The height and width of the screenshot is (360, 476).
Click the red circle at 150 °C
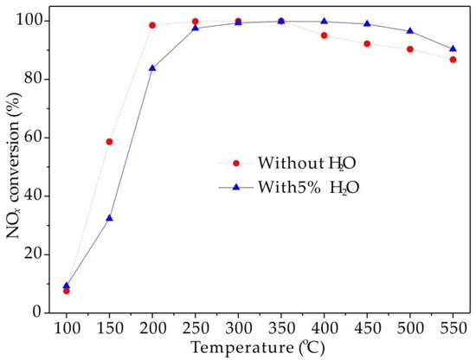[109, 141]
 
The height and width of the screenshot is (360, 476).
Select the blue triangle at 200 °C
[152, 67]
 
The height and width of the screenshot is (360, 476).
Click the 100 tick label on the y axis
[33, 20]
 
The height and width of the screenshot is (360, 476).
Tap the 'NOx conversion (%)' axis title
[12, 164]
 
